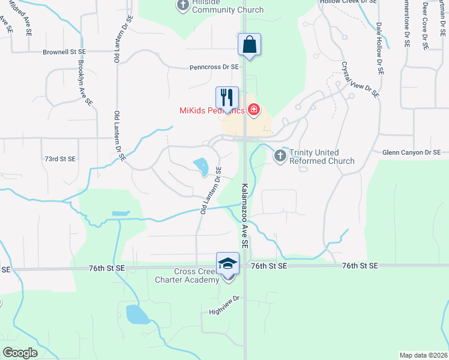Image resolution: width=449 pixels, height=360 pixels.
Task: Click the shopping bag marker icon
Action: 249,45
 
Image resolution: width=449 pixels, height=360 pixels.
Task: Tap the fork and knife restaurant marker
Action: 227,98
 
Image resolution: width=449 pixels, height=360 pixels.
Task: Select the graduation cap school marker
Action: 228,264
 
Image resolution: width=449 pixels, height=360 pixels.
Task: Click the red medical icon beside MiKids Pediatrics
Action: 254,109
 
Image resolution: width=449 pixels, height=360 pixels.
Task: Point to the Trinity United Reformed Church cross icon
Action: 280,156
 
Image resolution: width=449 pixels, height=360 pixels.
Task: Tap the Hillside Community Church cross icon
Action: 184,5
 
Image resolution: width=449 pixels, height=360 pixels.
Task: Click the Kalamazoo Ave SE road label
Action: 245,216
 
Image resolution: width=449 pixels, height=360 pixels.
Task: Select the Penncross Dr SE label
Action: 214,68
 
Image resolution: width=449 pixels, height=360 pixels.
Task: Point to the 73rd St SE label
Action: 60,159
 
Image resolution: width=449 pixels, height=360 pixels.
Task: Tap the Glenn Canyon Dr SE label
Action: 411,153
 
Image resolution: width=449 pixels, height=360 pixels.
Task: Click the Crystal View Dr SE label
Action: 360,79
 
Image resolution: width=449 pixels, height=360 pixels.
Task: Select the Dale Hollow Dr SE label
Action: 379,48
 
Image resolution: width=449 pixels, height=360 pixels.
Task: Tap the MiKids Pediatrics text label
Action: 212,110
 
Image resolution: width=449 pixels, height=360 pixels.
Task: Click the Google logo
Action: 20,353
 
